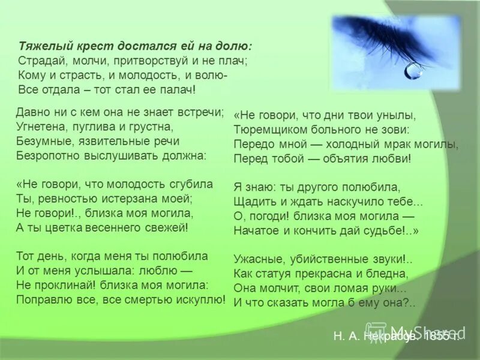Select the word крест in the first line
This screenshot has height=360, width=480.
[x=87, y=46]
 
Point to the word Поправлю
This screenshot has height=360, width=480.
[x=40, y=298]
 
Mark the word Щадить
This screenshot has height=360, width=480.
[x=252, y=202]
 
